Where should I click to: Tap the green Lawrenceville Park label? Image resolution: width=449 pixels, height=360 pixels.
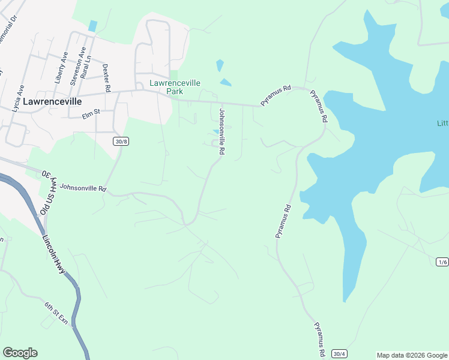(x=175, y=88)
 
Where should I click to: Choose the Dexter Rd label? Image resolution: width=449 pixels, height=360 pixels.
(x=106, y=78)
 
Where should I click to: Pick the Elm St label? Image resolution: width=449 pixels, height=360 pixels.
(x=88, y=112)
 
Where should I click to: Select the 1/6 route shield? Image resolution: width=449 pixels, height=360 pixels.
(x=442, y=262)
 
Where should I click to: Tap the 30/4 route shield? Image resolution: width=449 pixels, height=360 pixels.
(x=339, y=354)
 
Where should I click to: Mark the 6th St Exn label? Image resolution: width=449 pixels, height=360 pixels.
(x=56, y=313)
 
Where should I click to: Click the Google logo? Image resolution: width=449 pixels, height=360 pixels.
(x=20, y=353)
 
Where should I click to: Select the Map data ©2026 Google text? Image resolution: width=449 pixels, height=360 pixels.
(x=412, y=355)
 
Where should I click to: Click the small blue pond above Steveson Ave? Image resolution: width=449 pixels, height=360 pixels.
(x=92, y=26)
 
